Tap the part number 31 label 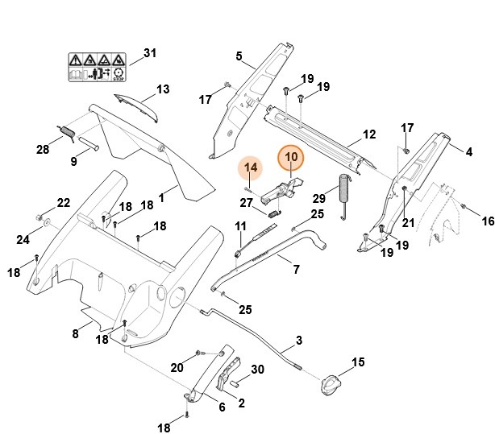click(x=149, y=54)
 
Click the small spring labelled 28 click(x=67, y=130)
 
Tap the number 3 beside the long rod click(x=298, y=341)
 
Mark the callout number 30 click(x=257, y=370)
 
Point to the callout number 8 click(x=76, y=333)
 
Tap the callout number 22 click(x=63, y=202)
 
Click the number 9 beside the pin click(x=74, y=161)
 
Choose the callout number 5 click(x=239, y=56)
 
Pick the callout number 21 click(x=408, y=222)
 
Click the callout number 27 click(x=247, y=202)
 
